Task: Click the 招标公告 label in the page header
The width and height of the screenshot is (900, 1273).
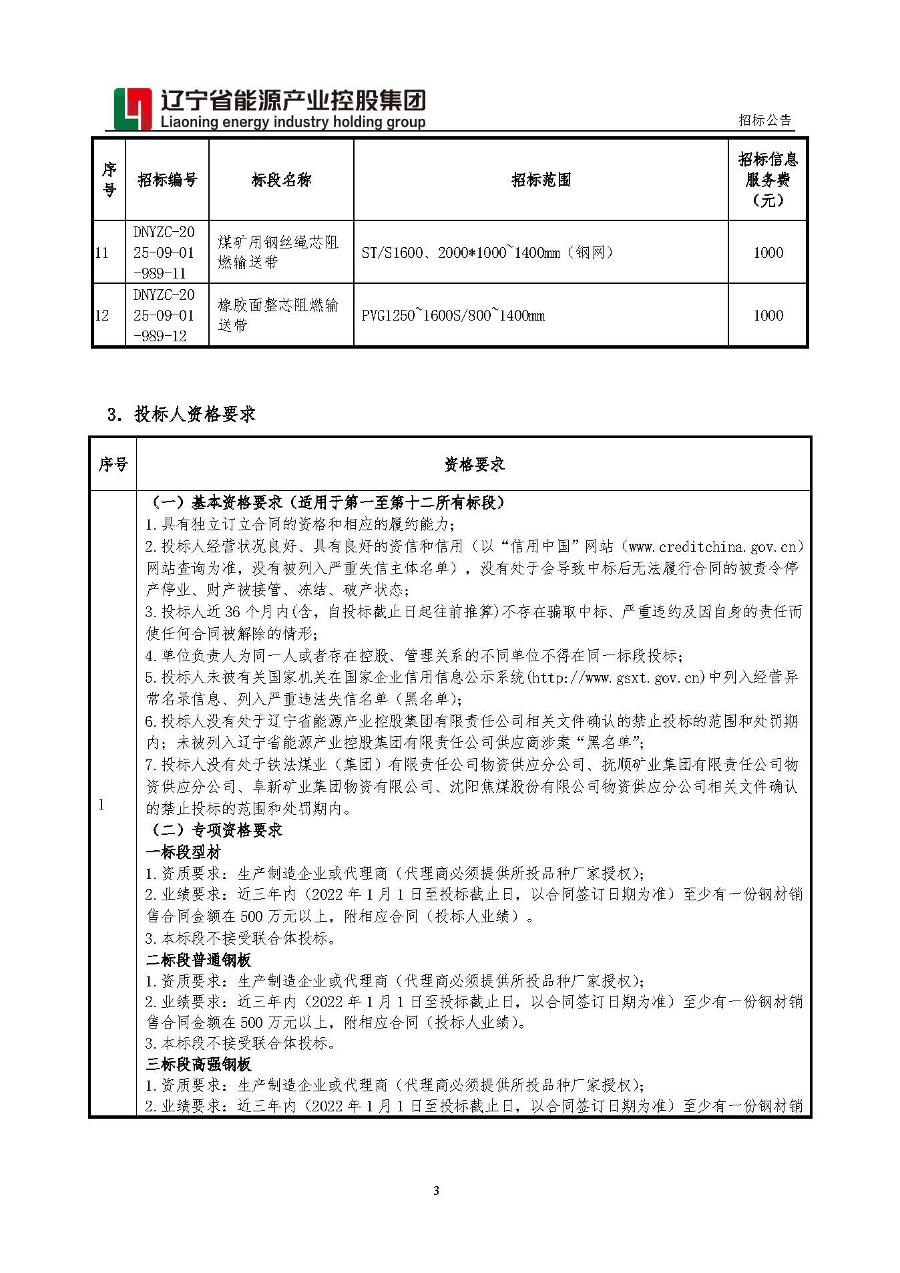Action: [764, 120]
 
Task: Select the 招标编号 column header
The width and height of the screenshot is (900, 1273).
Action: [167, 180]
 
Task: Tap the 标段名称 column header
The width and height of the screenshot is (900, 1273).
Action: [281, 180]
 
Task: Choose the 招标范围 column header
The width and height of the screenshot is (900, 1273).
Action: [541, 180]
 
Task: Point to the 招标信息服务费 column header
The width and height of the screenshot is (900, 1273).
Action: [768, 179]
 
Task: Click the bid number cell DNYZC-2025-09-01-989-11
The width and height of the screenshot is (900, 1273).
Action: [164, 252]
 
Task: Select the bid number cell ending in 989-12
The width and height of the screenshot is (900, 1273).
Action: [164, 315]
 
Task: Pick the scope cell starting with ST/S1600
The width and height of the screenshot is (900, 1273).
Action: [487, 252]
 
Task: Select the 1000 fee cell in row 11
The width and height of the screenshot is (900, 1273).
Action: [768, 252]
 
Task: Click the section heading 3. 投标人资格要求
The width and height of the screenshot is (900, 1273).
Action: [182, 414]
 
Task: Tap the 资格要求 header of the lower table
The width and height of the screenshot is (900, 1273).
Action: [474, 464]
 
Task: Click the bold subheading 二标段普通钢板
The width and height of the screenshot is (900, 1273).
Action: [198, 960]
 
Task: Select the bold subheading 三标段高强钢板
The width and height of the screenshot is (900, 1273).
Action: [198, 1064]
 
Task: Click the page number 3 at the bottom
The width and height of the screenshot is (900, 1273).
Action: [437, 1190]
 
